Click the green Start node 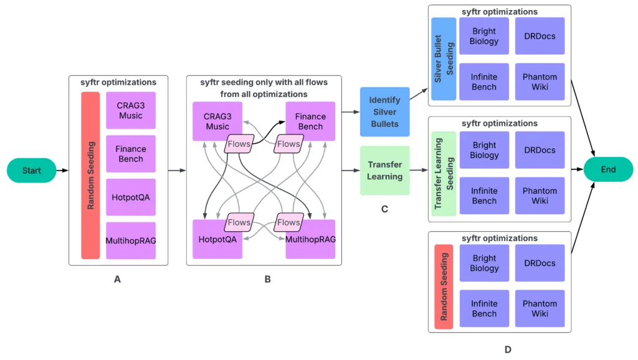31,170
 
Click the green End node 608,169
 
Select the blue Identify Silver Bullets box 384,111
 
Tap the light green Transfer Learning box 384,170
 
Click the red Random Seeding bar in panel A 90,175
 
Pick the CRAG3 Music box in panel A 130,110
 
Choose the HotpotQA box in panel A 130,197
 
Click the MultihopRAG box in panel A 130,240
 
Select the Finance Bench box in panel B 310,121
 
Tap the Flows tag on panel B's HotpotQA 239,222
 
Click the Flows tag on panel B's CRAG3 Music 239,144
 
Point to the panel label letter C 384,209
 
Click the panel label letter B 267,280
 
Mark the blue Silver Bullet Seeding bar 444,59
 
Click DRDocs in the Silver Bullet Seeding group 540,36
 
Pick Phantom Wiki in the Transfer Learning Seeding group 540,196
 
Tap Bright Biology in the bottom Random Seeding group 484,263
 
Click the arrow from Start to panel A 62,170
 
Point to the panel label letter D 508,349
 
